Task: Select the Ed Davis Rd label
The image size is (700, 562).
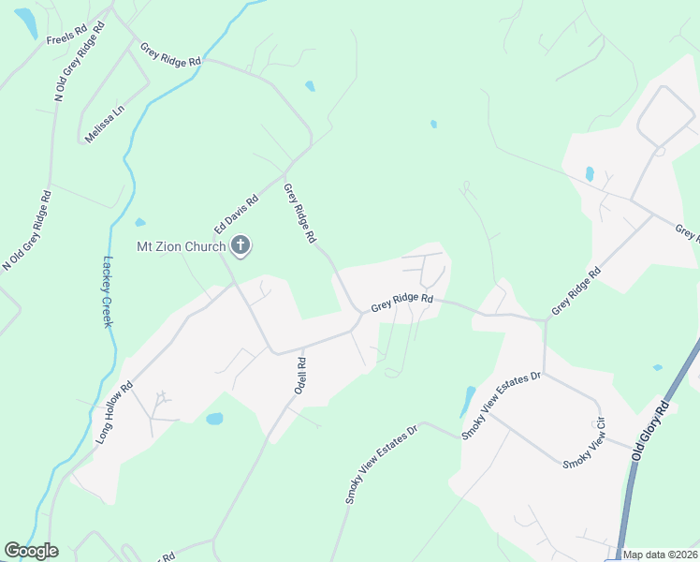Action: [x=235, y=214]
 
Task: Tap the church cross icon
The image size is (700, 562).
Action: [x=241, y=246]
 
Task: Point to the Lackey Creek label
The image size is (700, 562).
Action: [x=109, y=291]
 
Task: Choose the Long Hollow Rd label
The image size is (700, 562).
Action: [x=115, y=412]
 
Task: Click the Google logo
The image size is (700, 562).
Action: [x=31, y=551]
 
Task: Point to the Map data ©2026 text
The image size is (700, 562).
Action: [x=659, y=555]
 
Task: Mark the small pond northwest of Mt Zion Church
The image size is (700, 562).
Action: [x=140, y=223]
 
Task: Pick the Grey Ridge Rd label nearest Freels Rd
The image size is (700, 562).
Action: [x=170, y=53]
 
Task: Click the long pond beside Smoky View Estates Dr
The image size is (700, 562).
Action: [x=467, y=402]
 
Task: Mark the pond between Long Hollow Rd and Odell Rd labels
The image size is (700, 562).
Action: [x=214, y=419]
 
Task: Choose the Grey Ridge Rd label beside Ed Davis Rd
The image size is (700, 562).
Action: [x=299, y=214]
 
